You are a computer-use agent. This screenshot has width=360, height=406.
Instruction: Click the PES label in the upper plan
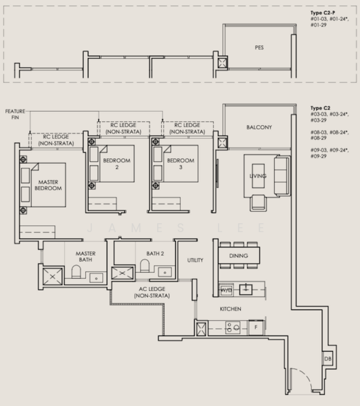[x=259, y=47]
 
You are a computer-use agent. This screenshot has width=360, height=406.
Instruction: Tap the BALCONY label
[x=259, y=127]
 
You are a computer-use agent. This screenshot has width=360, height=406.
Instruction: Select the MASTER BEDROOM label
[x=48, y=185]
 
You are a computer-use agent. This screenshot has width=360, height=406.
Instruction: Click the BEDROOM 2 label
[x=117, y=164]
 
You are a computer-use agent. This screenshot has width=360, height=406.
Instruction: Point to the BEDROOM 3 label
[x=181, y=164]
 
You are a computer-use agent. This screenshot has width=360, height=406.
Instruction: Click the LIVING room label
[x=258, y=176]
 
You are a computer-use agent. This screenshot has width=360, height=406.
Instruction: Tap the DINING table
[x=239, y=256]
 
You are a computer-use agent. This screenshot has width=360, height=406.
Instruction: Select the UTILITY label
[x=196, y=260]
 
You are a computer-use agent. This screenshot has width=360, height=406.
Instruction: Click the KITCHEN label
[x=231, y=309]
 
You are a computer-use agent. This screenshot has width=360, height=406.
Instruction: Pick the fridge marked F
[x=256, y=328]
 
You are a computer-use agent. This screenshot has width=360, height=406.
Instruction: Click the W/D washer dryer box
[x=226, y=290]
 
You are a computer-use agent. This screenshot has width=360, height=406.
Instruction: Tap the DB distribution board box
[x=328, y=359]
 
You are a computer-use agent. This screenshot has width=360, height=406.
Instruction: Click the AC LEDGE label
[x=152, y=292]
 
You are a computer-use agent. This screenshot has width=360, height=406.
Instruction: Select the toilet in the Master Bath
[x=76, y=271]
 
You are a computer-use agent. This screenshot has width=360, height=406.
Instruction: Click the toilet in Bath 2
[x=145, y=266]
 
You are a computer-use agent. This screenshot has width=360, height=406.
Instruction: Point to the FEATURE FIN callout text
[x=16, y=114]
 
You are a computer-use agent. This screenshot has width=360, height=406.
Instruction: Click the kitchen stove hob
[x=233, y=328]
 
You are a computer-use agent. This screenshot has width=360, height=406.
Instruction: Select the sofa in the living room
[x=282, y=175]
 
